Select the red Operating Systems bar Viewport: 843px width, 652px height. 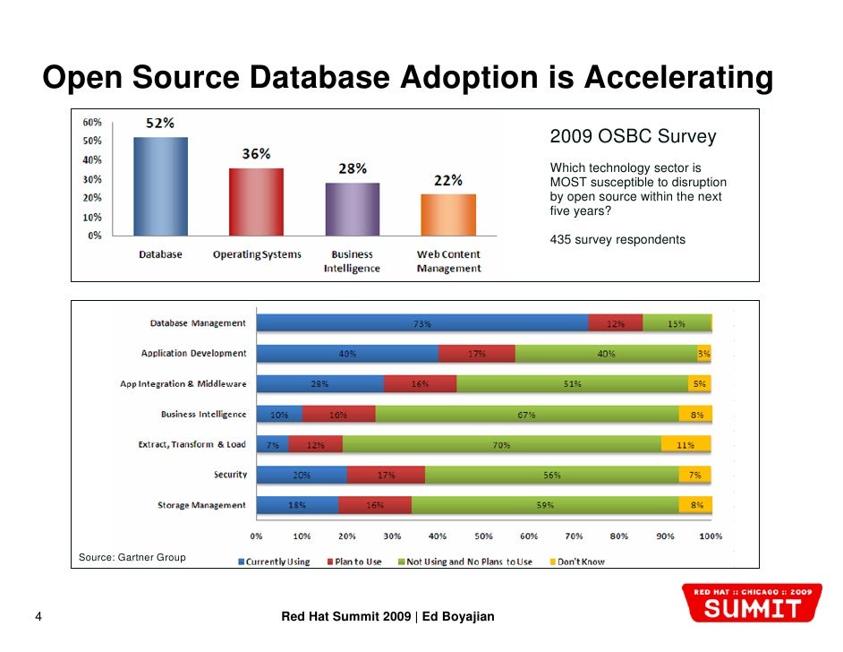(x=256, y=202)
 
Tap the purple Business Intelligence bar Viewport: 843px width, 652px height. (x=352, y=209)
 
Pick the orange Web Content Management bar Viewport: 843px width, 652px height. (x=448, y=215)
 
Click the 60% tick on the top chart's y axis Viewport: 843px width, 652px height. (x=91, y=122)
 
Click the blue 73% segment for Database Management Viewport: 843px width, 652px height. (x=422, y=323)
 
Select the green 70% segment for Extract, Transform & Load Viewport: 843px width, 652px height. (x=501, y=444)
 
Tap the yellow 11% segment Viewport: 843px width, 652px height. (x=685, y=444)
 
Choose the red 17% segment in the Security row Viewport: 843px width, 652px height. (x=386, y=475)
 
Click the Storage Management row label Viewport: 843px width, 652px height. (x=201, y=505)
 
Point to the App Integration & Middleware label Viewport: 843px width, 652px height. (x=183, y=384)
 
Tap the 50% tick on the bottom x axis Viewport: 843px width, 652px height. (x=483, y=536)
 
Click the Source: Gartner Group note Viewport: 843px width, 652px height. (x=132, y=557)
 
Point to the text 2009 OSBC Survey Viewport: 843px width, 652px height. (x=633, y=137)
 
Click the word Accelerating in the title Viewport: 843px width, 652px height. (x=677, y=79)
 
